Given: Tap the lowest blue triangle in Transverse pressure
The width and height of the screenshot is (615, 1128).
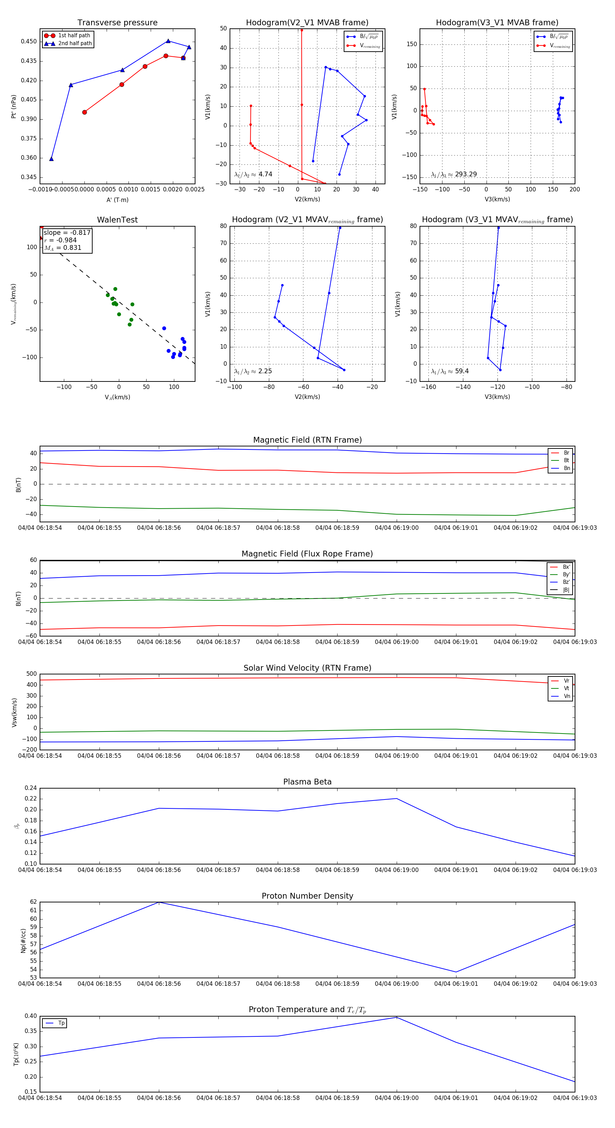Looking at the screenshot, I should click(x=51, y=159).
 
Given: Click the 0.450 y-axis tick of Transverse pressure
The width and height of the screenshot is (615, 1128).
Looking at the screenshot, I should click(x=29, y=42).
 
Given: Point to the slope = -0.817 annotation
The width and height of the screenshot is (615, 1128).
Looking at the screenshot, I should click(x=67, y=232).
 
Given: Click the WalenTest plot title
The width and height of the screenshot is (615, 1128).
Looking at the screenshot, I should click(x=117, y=220).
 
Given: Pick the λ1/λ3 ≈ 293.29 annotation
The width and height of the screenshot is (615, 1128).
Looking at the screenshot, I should click(x=454, y=174).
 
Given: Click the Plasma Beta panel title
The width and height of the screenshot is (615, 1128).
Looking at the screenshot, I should click(x=307, y=782).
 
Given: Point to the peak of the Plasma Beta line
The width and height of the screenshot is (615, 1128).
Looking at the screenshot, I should click(x=397, y=798).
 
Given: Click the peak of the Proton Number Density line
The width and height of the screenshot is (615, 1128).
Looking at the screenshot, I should click(x=159, y=902).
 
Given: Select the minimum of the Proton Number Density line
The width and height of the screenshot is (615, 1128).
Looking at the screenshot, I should click(x=456, y=972).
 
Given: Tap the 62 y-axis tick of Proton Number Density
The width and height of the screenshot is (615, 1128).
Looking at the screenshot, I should click(x=33, y=902).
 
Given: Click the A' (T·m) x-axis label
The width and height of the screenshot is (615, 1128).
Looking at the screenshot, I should click(x=117, y=200).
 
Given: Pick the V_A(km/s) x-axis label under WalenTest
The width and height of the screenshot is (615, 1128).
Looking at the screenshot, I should click(x=117, y=397).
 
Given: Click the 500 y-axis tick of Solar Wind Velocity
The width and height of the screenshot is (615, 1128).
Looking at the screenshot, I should click(x=31, y=674).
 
